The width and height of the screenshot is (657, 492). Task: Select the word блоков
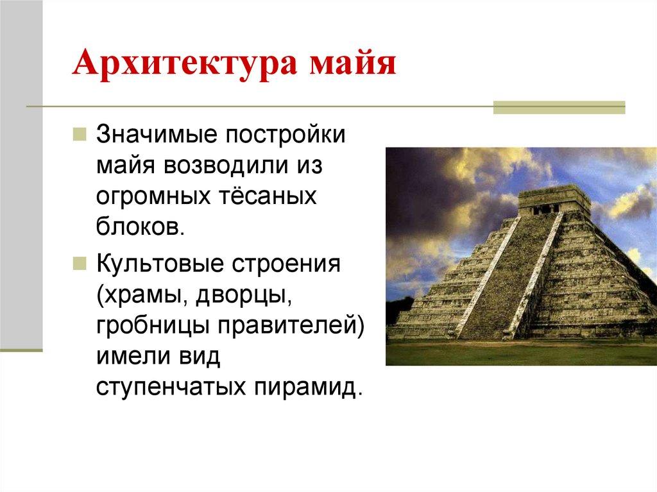[x=140, y=227]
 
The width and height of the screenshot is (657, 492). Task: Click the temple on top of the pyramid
[x=554, y=199]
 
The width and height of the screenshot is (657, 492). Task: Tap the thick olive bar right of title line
[x=558, y=107]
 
